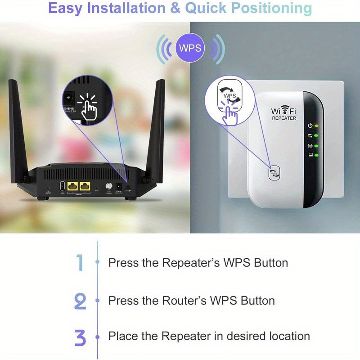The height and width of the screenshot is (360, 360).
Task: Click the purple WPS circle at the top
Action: point(190,48)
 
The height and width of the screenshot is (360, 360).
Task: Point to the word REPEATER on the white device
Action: point(284,118)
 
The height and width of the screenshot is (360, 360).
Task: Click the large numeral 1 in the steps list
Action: point(80,262)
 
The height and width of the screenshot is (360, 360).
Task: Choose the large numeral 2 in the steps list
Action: point(80,300)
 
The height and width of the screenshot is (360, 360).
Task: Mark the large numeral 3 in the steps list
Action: point(80,337)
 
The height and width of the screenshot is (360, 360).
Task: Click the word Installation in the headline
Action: point(127,8)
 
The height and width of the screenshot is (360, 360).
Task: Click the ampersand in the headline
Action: point(176,8)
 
